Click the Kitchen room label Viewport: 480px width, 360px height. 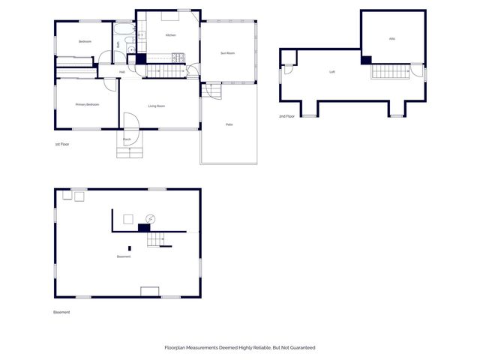170,35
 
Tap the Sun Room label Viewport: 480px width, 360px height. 227,53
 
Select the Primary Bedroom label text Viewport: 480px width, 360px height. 87,104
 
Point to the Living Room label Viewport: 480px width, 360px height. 156,106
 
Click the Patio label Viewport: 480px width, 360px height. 229,124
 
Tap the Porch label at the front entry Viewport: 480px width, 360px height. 127,139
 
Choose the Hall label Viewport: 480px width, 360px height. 122,72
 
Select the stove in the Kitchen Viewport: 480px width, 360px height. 178,57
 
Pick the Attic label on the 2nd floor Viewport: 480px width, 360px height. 391,38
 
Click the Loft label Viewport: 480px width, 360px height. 332,72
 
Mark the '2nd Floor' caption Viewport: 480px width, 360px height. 286,116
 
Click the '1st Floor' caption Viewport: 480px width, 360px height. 62,143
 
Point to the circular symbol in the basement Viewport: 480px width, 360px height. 150,219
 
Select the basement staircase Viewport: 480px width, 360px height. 155,239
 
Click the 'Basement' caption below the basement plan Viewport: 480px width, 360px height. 61,312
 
